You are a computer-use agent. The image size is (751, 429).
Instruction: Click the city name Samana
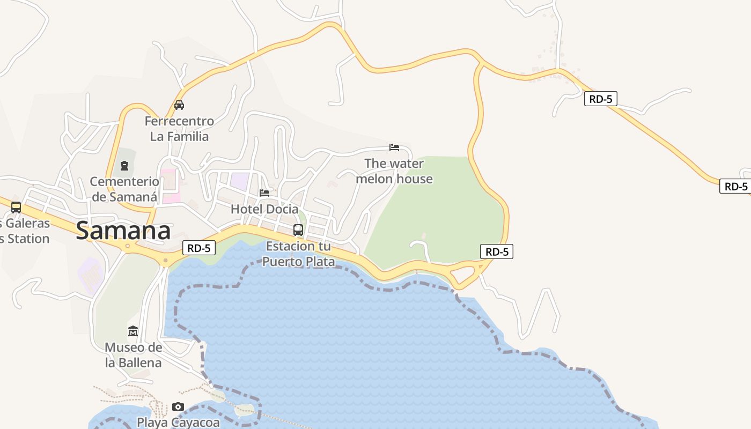pos(123,231)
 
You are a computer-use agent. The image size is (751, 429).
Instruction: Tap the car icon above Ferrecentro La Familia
pos(179,105)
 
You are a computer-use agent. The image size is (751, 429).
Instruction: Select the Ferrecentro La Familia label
pos(179,129)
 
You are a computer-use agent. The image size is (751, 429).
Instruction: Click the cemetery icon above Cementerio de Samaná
pos(124,166)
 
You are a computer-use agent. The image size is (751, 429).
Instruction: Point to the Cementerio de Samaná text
pos(124,189)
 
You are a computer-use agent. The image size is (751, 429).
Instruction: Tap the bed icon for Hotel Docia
pos(264,193)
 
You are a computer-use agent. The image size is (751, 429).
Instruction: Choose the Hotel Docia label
pos(264,209)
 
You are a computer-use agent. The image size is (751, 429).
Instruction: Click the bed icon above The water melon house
pos(394,147)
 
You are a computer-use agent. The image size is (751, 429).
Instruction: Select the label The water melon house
pos(394,171)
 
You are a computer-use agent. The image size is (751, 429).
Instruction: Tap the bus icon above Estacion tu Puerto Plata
pos(298,230)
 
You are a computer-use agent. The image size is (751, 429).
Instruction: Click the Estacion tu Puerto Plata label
pos(298,254)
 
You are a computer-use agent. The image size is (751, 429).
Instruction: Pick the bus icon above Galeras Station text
pos(16,207)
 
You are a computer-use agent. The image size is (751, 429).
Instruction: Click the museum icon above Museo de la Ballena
pos(133,331)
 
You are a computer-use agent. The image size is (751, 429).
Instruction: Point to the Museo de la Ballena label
pos(133,355)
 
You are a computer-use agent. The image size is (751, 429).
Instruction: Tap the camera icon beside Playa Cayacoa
pos(178,407)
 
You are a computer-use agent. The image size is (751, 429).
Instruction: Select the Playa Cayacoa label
pos(178,422)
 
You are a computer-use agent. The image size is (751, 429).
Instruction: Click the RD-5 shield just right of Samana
pos(199,248)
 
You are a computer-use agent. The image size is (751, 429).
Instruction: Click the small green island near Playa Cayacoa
pos(245,411)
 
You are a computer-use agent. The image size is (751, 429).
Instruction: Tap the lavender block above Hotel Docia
pos(239,181)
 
